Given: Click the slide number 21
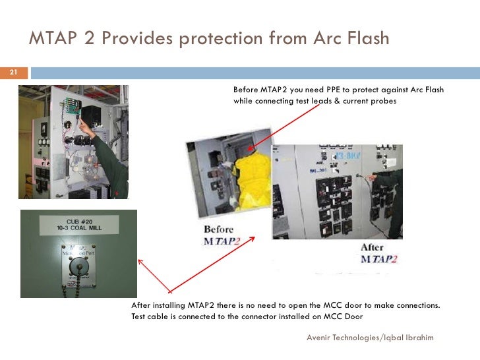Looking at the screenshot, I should (x=12, y=73).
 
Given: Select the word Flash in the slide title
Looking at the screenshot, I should (x=365, y=40).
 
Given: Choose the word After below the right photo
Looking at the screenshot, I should (x=373, y=248).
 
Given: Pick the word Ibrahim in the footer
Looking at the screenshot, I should (x=417, y=338).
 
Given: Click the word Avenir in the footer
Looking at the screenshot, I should (x=320, y=338).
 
